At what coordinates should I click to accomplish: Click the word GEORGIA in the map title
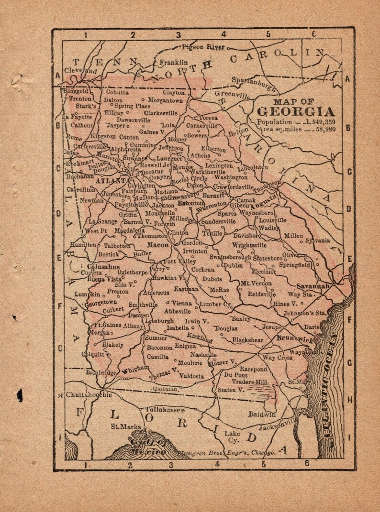click(x=296, y=112)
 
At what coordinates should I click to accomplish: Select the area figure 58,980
click(x=324, y=130)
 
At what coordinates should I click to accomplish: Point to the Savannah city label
click(x=313, y=286)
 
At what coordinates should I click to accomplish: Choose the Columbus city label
click(x=103, y=266)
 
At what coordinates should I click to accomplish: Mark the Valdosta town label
click(x=191, y=376)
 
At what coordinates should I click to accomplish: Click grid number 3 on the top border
click(x=178, y=34)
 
